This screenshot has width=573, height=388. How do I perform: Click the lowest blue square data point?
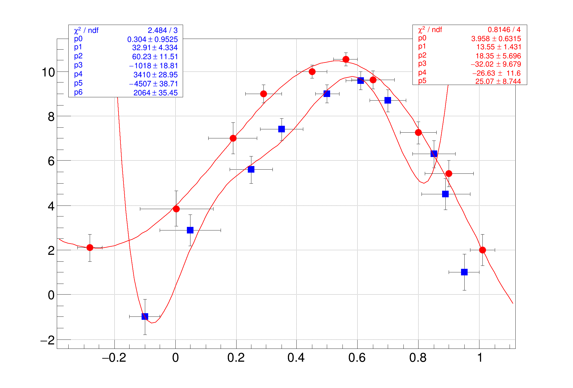point(145,316)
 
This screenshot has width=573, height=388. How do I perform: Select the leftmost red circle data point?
point(90,247)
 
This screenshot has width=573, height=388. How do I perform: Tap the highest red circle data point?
point(346,59)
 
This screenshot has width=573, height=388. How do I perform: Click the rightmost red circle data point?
point(482,250)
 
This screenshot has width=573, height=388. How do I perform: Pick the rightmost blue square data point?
point(464,272)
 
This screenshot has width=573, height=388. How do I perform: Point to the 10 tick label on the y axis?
point(48,72)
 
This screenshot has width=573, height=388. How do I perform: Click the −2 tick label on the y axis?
point(48,341)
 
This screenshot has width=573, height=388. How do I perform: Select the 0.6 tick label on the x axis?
point(357,358)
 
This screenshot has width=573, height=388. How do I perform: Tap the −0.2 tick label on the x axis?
point(114,358)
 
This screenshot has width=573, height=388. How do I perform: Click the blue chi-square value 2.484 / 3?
point(162,30)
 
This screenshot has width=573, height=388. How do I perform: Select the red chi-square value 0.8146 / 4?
point(504,30)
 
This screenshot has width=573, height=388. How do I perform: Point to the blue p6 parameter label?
point(78,92)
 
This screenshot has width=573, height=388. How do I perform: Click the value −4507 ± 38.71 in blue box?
point(153,84)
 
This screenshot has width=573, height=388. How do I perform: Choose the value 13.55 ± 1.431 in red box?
point(499,47)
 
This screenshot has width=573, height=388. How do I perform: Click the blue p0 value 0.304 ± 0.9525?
point(152,39)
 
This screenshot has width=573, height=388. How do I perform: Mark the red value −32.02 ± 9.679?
point(496,64)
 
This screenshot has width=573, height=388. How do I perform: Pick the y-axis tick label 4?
point(51,206)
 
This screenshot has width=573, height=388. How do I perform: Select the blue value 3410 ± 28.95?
point(155,75)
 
